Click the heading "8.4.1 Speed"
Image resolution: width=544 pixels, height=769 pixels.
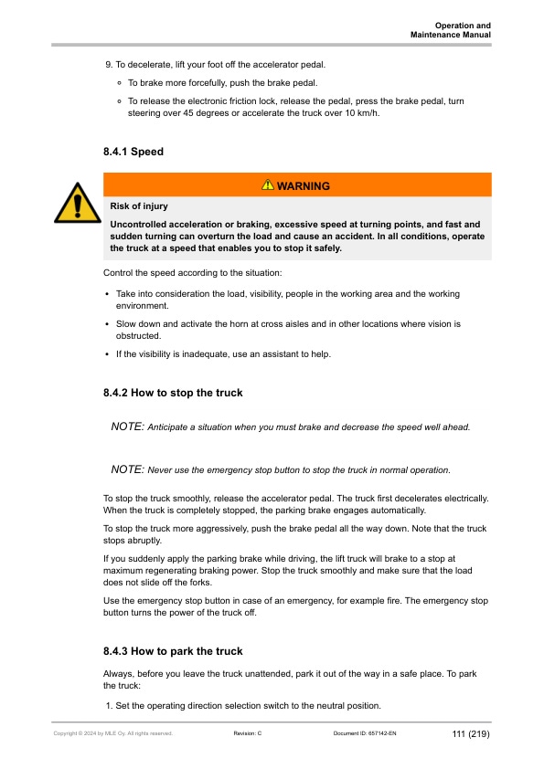tap(133, 152)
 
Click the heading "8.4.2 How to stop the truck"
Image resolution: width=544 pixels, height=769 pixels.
tap(173, 393)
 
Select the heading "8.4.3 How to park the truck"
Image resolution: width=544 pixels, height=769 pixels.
tap(173, 651)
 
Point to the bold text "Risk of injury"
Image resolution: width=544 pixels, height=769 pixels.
tap(138, 206)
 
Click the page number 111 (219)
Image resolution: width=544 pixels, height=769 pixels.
tap(471, 733)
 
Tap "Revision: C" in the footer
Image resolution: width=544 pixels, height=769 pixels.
tap(248, 733)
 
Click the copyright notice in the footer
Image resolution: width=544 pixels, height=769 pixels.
tap(113, 733)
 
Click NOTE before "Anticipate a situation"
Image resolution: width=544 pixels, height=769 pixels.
tap(127, 427)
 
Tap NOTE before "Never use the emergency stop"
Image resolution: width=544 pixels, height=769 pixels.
tap(127, 469)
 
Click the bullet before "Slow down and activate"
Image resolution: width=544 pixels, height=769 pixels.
tap(108, 324)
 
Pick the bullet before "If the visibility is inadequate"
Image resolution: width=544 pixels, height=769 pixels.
tap(108, 354)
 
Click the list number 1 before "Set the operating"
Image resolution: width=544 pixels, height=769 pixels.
tap(108, 707)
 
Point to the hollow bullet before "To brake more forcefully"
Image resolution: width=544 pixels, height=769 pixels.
tap(121, 83)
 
